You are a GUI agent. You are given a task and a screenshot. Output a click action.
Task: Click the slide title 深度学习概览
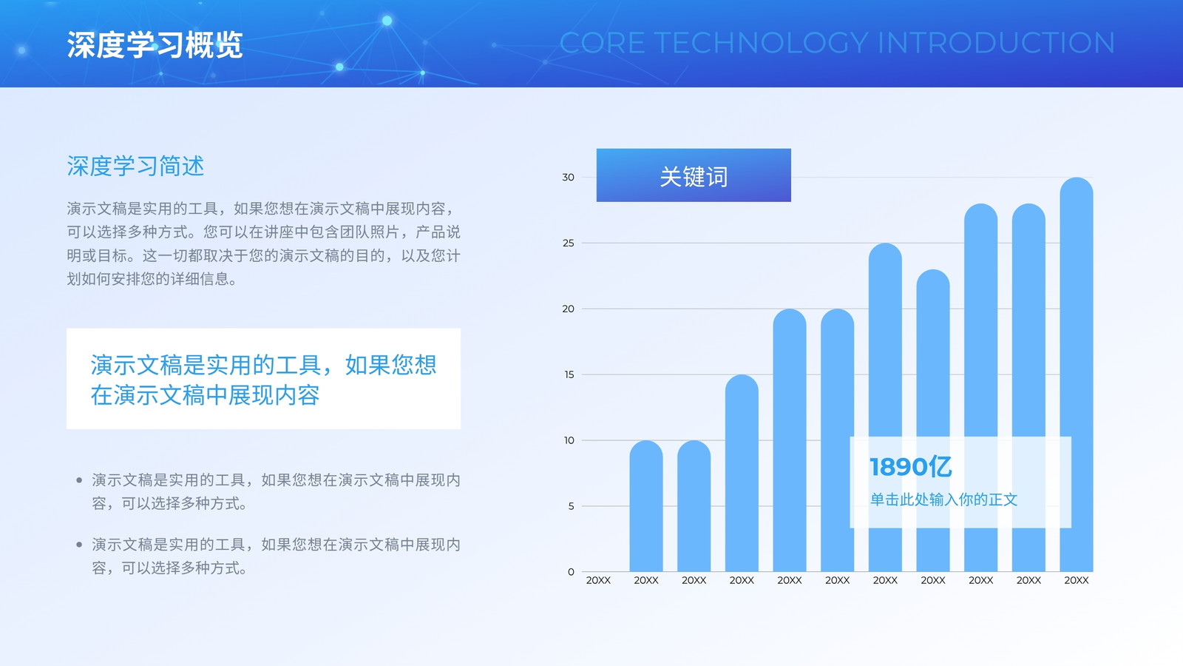pos(155,44)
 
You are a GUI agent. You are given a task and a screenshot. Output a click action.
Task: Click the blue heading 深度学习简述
pos(135,166)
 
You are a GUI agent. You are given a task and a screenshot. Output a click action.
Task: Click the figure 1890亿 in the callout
pos(910,467)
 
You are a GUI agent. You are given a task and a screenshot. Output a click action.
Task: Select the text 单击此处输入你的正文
pos(943,499)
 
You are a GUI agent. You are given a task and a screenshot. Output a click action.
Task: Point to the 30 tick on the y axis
pos(568,177)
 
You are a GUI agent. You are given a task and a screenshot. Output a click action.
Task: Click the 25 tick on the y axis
pos(568,243)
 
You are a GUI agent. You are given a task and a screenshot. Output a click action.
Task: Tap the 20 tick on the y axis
pos(568,309)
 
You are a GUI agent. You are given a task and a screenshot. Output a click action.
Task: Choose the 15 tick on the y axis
pos(569,374)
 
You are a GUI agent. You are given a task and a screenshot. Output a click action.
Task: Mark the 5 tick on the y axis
pos(571,506)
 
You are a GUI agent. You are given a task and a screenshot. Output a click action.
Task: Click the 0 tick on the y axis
pos(571,572)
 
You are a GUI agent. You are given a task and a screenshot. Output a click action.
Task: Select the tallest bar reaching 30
pos(1077,374)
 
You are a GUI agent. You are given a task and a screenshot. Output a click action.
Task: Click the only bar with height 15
pos(742,473)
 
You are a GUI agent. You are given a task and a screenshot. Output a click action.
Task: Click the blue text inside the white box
pos(263,380)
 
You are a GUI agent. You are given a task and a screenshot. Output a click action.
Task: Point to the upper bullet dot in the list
pos(79,480)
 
